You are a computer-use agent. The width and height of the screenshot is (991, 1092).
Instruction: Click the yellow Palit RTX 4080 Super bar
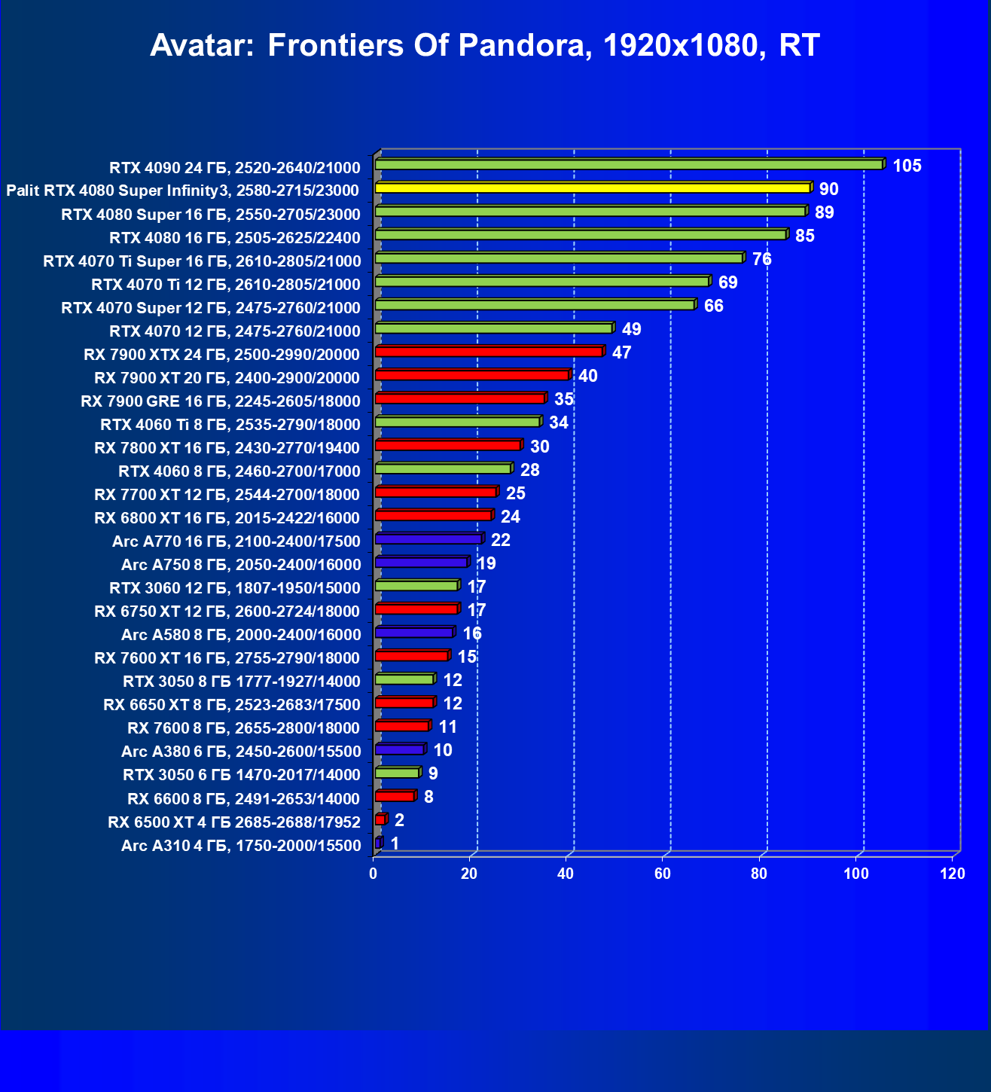(x=592, y=188)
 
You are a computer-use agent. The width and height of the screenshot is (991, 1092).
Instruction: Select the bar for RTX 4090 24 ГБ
(x=629, y=165)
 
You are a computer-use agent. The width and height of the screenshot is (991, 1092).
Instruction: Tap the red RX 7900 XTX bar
(x=489, y=352)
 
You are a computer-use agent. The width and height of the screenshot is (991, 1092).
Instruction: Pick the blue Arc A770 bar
(x=428, y=539)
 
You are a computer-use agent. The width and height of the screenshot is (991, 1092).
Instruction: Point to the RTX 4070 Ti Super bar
(x=559, y=258)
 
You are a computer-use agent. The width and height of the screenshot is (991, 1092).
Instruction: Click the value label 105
(x=907, y=166)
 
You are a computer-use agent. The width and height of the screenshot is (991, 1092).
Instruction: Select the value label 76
(x=761, y=259)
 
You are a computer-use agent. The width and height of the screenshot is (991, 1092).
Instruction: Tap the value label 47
(x=621, y=352)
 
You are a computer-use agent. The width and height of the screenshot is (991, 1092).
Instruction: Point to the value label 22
(x=500, y=540)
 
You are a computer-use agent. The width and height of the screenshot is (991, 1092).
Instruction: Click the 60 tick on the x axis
(x=663, y=874)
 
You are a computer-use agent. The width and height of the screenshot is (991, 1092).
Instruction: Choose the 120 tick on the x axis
(x=953, y=874)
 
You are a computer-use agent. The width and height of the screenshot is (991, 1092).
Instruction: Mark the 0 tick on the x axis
(x=374, y=874)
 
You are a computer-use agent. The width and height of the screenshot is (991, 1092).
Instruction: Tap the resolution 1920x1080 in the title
(x=681, y=45)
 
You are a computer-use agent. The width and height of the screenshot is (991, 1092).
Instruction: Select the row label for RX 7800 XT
(x=227, y=448)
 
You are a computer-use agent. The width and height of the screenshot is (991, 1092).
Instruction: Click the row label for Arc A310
(x=241, y=846)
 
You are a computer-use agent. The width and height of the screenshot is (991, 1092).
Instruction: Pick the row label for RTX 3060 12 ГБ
(x=235, y=588)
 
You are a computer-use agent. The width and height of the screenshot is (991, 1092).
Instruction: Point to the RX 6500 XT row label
(x=234, y=822)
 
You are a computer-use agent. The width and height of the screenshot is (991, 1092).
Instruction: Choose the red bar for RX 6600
(x=395, y=796)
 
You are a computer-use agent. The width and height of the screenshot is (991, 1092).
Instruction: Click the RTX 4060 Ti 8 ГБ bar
(x=458, y=422)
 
